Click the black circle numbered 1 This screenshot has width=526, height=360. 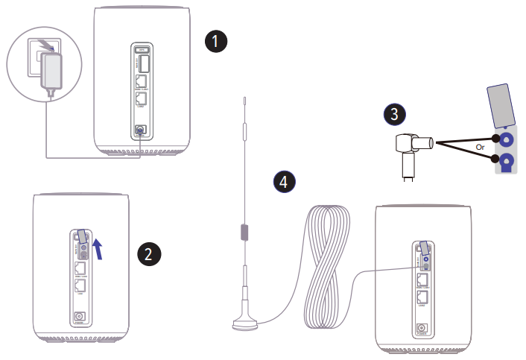[215, 42]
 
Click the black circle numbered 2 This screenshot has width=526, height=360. [150, 253]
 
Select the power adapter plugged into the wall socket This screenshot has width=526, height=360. [54, 70]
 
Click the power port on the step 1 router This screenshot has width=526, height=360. [141, 132]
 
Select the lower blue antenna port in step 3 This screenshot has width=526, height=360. [506, 162]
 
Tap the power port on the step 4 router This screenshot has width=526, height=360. [422, 328]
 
